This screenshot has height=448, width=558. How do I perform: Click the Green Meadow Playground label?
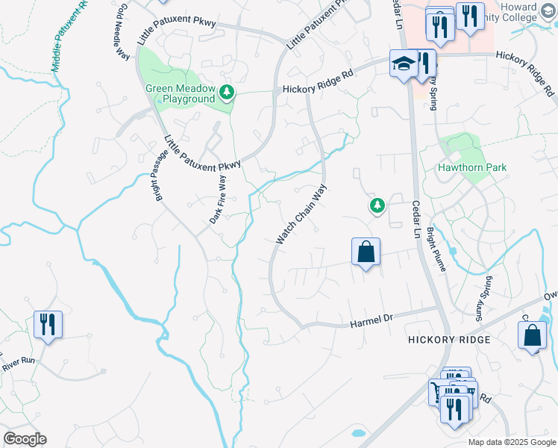[180, 93]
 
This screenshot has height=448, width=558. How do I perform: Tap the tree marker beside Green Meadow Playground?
[227, 93]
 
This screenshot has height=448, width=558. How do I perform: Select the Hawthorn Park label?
[473, 167]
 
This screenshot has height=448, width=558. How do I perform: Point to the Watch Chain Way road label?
[301, 215]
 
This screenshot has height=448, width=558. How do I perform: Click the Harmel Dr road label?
[371, 321]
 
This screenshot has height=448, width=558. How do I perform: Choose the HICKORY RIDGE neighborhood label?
[449, 340]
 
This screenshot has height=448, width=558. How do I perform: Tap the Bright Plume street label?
[436, 250]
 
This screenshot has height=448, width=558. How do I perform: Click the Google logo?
[25, 439]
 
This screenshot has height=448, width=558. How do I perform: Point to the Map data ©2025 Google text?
[512, 442]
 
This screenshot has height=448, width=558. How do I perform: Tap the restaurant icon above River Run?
[48, 325]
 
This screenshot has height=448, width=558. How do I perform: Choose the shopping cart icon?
[438, 391]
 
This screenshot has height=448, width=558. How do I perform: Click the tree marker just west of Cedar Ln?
[377, 205]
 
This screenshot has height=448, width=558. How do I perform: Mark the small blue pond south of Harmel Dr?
[358, 432]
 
